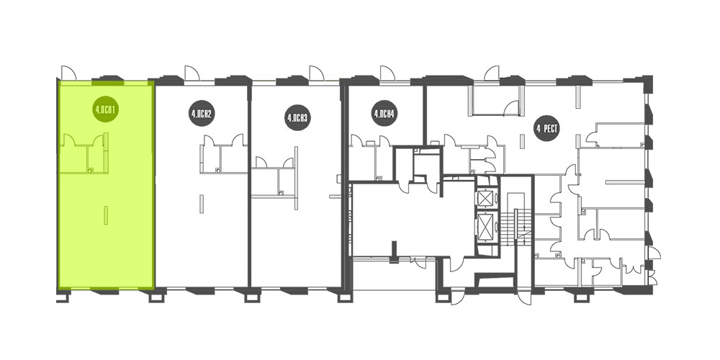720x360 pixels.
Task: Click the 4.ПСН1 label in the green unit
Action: click(106, 109)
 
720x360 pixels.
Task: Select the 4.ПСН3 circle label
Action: click(297, 117)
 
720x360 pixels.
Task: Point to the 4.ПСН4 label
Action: click(384, 113)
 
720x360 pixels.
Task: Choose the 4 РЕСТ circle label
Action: click(546, 129)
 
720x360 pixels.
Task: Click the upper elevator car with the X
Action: click(486, 199)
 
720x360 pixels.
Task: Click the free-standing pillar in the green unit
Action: click(106, 215)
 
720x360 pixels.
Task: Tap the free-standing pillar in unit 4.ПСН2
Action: click(202, 204)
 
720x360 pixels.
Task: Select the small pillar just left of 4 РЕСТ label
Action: click(521, 141)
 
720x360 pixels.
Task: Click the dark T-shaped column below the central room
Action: click(394, 253)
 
